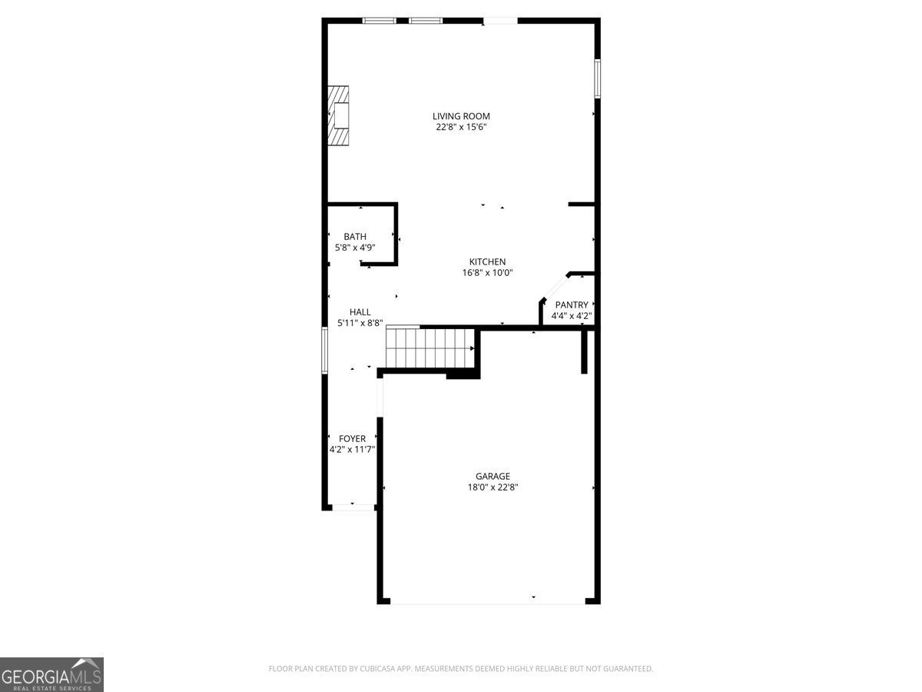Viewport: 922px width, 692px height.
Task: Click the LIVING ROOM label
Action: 461,116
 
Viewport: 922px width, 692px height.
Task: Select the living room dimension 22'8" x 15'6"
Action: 461,128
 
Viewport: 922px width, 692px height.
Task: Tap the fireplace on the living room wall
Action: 339,115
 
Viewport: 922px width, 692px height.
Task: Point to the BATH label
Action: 355,237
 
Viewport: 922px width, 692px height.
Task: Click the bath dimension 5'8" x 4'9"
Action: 355,248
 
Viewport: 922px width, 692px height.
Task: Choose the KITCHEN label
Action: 488,261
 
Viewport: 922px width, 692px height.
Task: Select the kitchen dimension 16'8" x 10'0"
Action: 488,272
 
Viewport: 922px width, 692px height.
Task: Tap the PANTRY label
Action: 572,304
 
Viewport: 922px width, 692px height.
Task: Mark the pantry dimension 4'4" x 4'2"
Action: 572,315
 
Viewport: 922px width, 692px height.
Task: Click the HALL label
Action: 360,312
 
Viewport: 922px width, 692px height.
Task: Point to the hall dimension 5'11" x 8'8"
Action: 360,324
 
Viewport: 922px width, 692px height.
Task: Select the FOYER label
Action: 352,439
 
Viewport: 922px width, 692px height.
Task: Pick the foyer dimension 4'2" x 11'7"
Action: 352,450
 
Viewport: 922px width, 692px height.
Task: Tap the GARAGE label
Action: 493,476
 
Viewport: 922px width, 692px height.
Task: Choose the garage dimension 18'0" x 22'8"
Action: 493,487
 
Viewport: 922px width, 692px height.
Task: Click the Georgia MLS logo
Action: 51,674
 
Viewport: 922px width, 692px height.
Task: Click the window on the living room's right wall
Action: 597,78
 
